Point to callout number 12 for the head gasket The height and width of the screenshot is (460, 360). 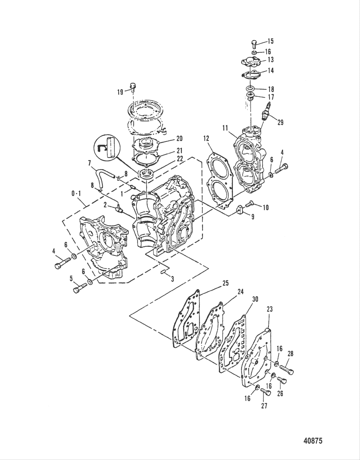pyautogui.click(x=206, y=139)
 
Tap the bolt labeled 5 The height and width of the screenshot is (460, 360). pyautogui.click(x=80, y=287)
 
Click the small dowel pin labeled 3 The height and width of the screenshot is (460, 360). pyautogui.click(x=163, y=273)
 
